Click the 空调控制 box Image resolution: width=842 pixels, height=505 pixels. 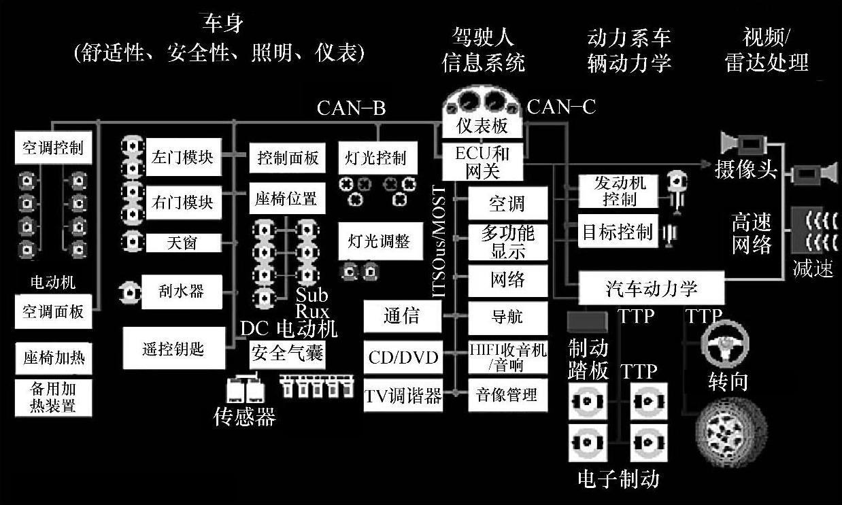[x=53, y=148]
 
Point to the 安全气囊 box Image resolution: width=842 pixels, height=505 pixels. [x=287, y=353]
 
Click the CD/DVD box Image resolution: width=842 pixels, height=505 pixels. [x=403, y=357]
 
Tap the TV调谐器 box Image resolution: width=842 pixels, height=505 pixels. [x=403, y=396]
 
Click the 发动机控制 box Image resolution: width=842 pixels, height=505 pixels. [x=619, y=191]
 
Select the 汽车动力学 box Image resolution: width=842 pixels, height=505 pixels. [x=651, y=289]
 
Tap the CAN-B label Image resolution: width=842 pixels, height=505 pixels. [x=351, y=108]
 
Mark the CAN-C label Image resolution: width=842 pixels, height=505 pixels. [x=562, y=107]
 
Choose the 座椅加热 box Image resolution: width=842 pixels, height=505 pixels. [x=53, y=358]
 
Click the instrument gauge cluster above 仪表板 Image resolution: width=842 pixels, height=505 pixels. [x=483, y=103]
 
